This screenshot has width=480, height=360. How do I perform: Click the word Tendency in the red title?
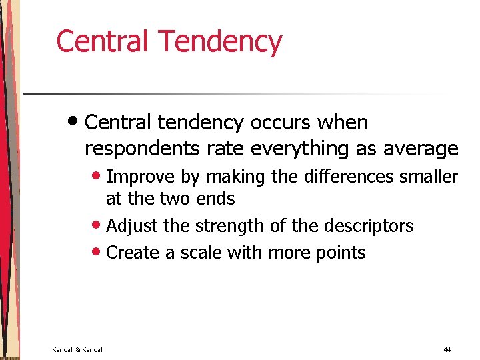pyautogui.click(x=219, y=42)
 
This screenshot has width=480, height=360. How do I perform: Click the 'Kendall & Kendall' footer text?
pyautogui.click(x=78, y=349)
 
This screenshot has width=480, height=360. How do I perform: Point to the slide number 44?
pyautogui.click(x=447, y=349)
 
